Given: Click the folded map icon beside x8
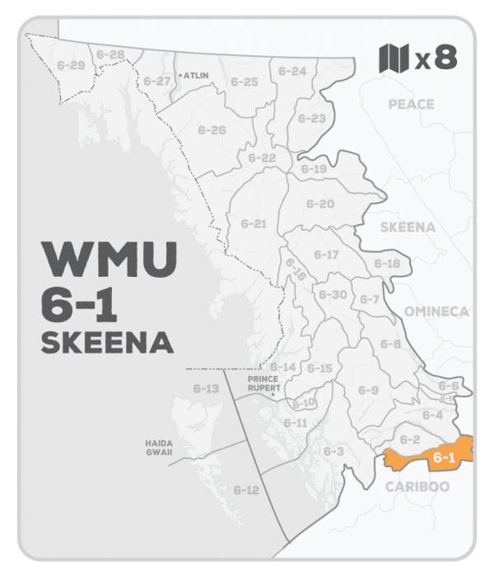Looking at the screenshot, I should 394,59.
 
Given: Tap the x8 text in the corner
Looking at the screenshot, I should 435,59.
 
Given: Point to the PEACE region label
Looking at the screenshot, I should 412,104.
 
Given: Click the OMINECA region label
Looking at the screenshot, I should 436,311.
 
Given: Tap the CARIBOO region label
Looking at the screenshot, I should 417,486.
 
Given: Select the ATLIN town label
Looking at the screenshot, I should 197,74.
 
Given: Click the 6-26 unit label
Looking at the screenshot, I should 212,130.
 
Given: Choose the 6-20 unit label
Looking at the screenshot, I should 319,204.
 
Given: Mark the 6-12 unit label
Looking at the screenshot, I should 246,490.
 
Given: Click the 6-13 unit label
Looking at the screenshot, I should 206,387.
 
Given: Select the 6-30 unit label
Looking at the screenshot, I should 332,294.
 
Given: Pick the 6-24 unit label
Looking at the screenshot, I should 291,72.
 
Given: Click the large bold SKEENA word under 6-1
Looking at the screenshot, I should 106,343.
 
